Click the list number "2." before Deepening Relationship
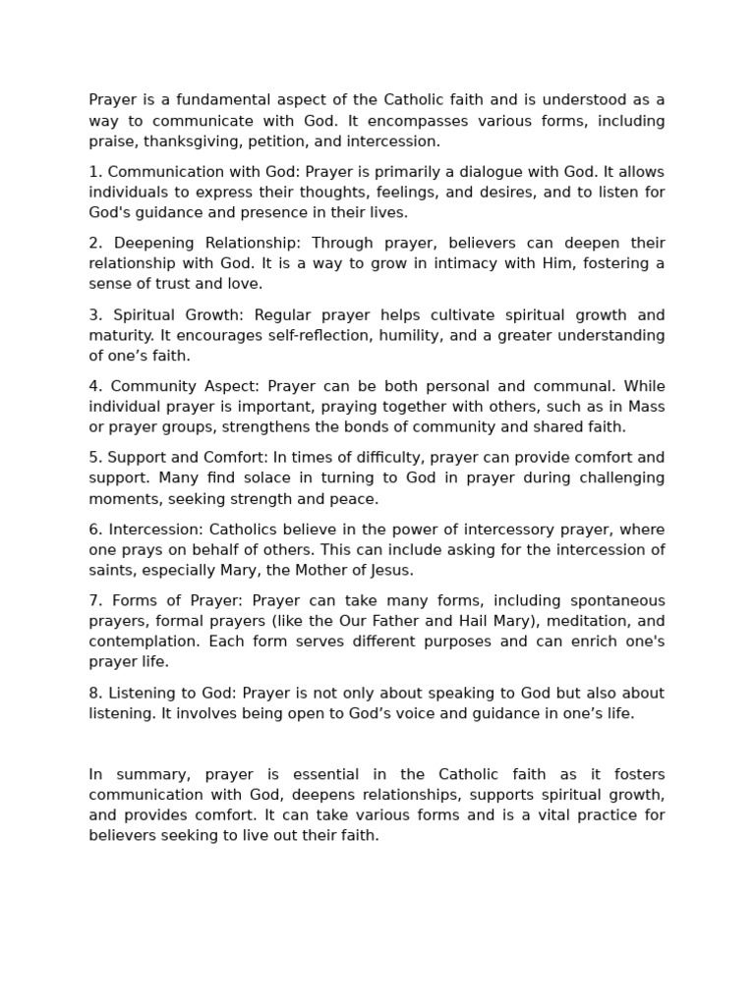tap(95, 243)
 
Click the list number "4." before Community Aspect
tap(95, 386)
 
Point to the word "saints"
tap(111, 570)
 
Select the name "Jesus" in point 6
tap(390, 570)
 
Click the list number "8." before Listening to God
tap(95, 693)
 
